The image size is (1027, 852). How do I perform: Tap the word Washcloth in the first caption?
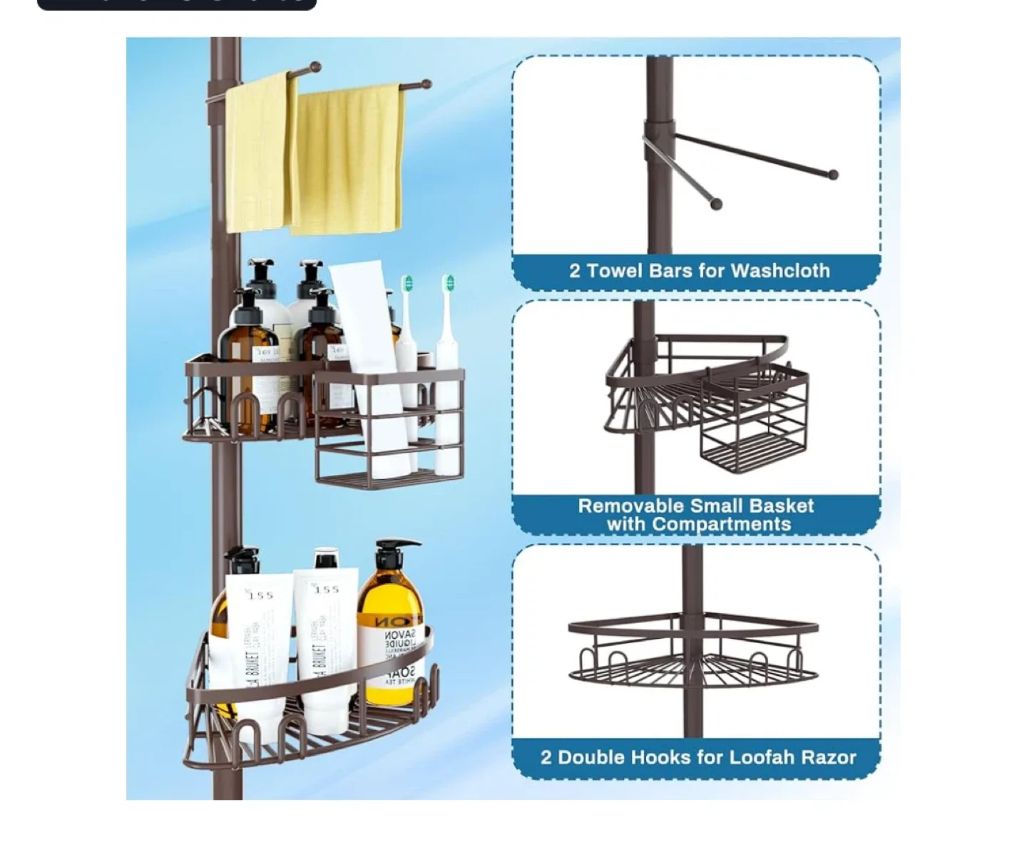coord(780,271)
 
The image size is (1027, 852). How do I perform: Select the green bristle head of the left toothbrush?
coord(407,284)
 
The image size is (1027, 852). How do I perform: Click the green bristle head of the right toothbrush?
coord(449,283)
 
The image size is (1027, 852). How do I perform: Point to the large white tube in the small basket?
coord(367,321)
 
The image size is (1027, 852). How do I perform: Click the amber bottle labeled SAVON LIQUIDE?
coord(390,635)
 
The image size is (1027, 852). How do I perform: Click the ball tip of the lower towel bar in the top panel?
coord(717,205)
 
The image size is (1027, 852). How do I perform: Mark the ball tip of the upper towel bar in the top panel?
coord(832,175)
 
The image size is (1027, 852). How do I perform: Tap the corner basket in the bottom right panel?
coord(693,652)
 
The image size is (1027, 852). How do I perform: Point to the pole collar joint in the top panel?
coord(660,133)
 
